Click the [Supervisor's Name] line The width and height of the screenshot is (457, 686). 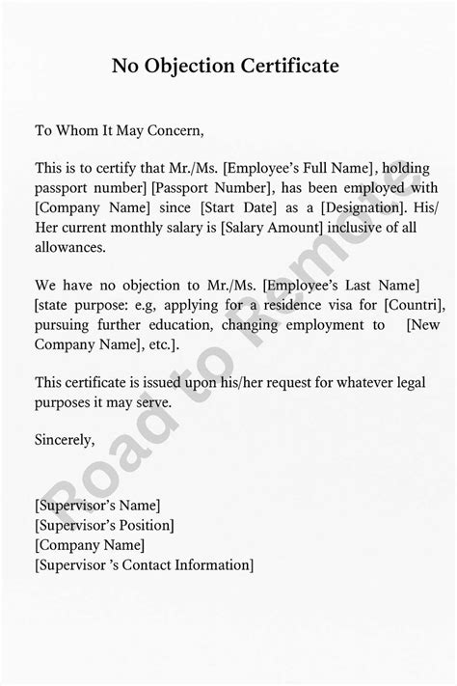[x=96, y=505]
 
